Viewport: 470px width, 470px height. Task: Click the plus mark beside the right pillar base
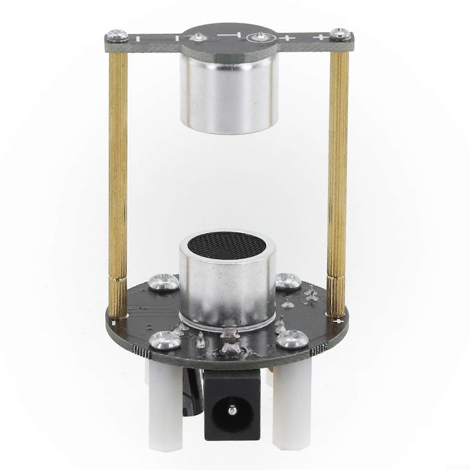pos(340,321)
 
